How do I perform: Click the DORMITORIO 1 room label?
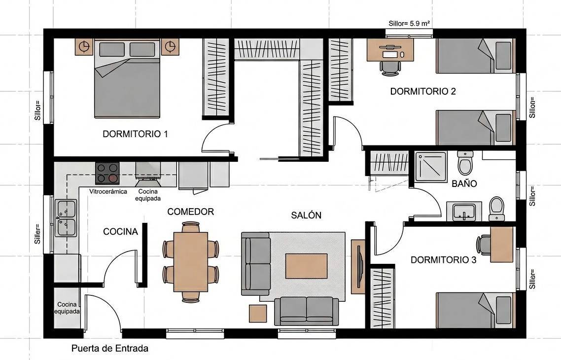135,134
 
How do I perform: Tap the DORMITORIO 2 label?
423,91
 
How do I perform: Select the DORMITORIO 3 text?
443,260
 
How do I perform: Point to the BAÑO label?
464,183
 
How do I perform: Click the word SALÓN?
306,215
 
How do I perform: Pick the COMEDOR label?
191,212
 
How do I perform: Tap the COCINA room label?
121,232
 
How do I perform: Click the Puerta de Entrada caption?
110,348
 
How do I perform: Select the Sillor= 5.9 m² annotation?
409,24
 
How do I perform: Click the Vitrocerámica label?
108,191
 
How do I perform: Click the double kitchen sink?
66,218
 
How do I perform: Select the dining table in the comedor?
191,262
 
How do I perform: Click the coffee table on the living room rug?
306,266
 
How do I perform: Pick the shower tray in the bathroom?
430,167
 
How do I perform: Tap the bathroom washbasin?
464,212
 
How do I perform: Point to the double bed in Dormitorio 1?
127,79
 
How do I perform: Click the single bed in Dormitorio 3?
476,310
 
